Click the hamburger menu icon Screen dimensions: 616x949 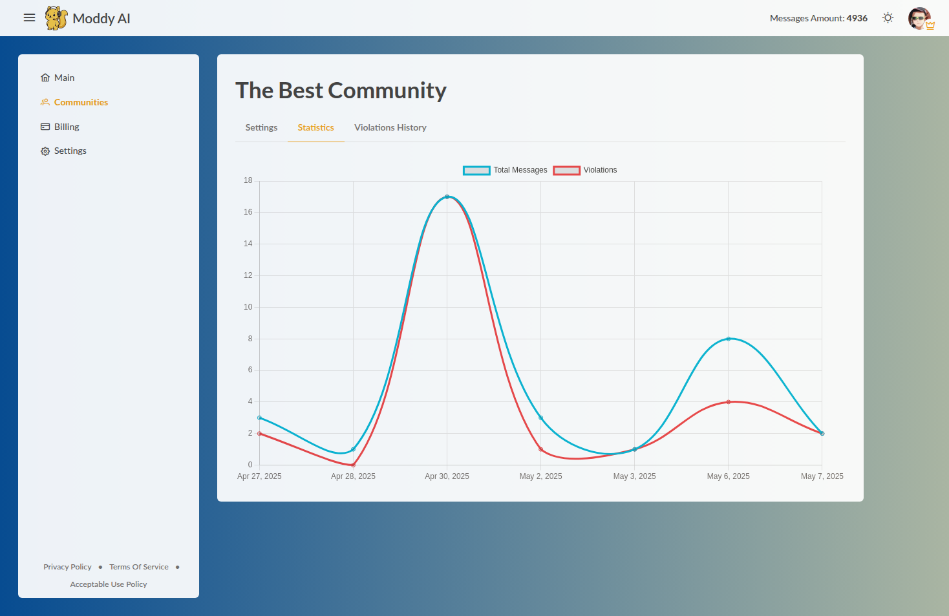[29, 18]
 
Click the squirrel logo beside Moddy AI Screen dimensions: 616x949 [56, 18]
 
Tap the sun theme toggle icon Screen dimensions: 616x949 [888, 18]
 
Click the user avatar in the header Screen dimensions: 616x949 [919, 18]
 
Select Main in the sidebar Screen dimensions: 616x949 [64, 78]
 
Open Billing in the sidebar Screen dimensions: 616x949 [66, 127]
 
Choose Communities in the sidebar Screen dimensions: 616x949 [81, 102]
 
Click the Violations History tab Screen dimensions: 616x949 [390, 127]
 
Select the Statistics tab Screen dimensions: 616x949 [315, 127]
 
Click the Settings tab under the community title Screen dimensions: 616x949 [261, 127]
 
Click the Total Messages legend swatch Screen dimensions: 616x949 [476, 171]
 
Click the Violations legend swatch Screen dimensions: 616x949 [566, 171]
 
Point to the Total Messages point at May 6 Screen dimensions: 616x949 [728, 339]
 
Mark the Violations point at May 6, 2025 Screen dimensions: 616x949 [728, 402]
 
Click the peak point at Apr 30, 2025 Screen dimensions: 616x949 [447, 196]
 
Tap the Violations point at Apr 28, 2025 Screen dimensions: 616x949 [353, 465]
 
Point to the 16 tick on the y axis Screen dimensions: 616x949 [248, 212]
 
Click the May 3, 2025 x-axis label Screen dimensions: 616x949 [634, 476]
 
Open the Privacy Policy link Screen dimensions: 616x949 [67, 567]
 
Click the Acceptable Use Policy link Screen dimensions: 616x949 [109, 584]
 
